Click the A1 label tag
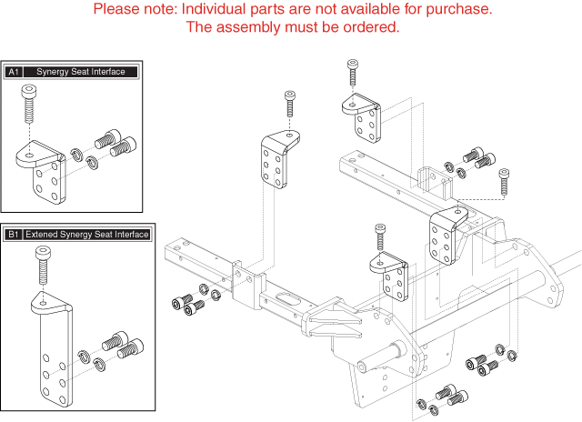[14, 71]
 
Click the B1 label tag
[14, 235]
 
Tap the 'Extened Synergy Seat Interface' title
[87, 235]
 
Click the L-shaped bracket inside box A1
[41, 173]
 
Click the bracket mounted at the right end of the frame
[446, 233]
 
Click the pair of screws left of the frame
[185, 305]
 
